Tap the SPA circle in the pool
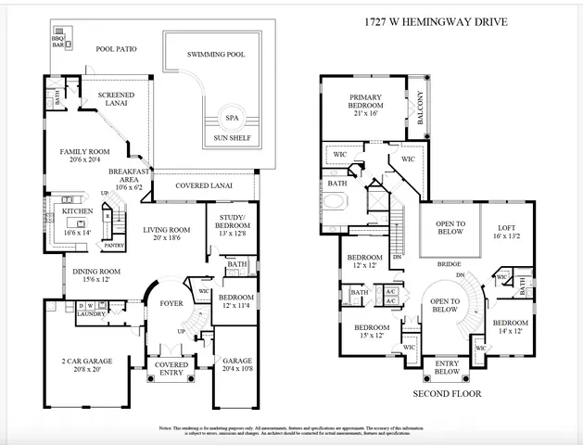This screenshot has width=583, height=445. (x=231, y=119)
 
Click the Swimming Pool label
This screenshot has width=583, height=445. (x=216, y=55)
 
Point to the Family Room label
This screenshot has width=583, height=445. (x=85, y=150)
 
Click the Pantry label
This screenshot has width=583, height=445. (x=113, y=246)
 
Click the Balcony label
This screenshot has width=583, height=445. (x=420, y=108)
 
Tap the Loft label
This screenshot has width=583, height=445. (x=506, y=227)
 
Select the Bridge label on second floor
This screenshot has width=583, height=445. (x=450, y=263)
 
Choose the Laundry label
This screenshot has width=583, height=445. (x=90, y=313)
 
